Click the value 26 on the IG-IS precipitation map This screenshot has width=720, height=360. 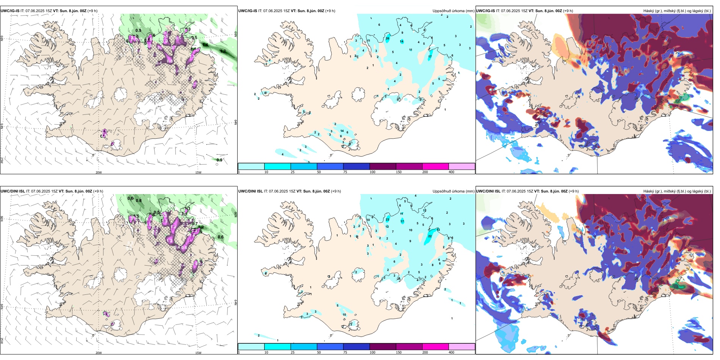387,38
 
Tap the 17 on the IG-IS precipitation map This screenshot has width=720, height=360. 430,57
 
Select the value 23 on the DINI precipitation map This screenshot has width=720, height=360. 387,219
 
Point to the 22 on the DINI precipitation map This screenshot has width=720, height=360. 430,236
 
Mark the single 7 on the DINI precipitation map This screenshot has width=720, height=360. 393,232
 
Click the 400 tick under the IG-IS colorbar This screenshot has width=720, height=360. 451,172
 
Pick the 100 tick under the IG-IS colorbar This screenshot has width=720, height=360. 373,172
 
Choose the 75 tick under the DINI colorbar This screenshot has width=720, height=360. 345,352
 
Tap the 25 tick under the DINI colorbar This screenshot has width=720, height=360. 293,352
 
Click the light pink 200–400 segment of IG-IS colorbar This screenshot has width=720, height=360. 462,166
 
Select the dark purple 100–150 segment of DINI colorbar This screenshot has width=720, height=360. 382,347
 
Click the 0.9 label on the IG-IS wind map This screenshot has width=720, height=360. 219,160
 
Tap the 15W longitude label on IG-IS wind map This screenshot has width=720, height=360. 198,172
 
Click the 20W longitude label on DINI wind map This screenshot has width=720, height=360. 99,353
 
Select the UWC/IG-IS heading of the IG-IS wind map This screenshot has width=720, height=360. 10,11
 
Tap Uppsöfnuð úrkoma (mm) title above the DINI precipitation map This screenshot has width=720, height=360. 453,191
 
